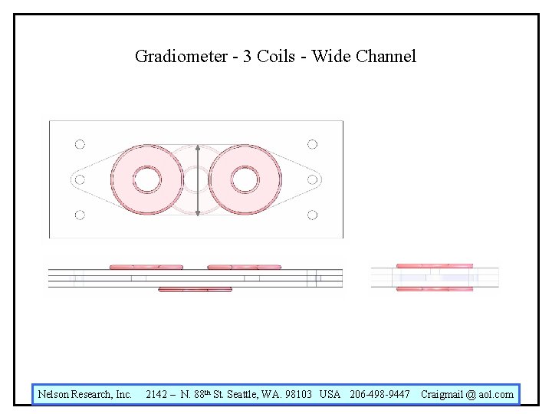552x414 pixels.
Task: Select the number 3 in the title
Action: click(248, 56)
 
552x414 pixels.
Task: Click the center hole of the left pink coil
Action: click(147, 180)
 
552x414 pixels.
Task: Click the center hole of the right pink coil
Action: click(244, 180)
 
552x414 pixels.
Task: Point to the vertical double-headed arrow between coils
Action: click(198, 180)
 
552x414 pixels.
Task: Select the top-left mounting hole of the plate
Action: click(80, 144)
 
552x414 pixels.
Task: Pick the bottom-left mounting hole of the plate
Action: click(80, 215)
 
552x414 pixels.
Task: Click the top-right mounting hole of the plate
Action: click(312, 144)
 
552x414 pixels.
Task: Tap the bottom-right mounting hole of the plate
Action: click(312, 215)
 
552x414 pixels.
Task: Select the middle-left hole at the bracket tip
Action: click(78, 180)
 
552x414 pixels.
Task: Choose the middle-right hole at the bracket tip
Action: click(313, 179)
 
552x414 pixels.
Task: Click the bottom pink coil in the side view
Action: click(195, 290)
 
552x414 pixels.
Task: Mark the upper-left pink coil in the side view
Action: click(146, 267)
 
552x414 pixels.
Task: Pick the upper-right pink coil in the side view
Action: click(244, 267)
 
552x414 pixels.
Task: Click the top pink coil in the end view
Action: click(434, 265)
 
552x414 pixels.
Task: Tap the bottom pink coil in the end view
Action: click(434, 289)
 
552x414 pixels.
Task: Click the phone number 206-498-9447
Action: click(379, 394)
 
